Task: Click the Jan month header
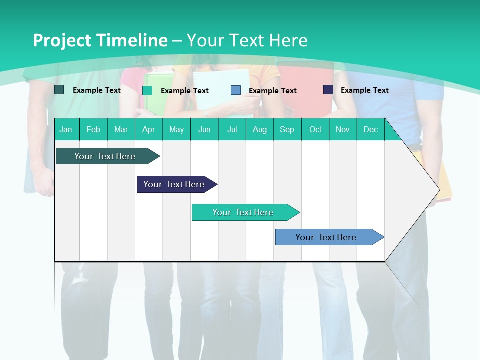pyautogui.click(x=66, y=129)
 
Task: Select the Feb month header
pyautogui.click(x=93, y=129)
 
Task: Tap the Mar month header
pyautogui.click(x=121, y=129)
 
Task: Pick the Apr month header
pyautogui.click(x=148, y=129)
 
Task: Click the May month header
pyautogui.click(x=176, y=129)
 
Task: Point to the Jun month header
pyautogui.click(x=204, y=129)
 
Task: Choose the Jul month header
pyautogui.click(x=232, y=129)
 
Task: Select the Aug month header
pyautogui.click(x=259, y=129)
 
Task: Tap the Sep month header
pyautogui.click(x=287, y=129)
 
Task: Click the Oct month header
pyautogui.click(x=315, y=129)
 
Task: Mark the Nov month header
pyautogui.click(x=343, y=129)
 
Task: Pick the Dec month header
pyautogui.click(x=370, y=129)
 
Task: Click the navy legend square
pyautogui.click(x=328, y=90)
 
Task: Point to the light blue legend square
pyautogui.click(x=236, y=90)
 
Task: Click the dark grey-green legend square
pyautogui.click(x=59, y=90)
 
